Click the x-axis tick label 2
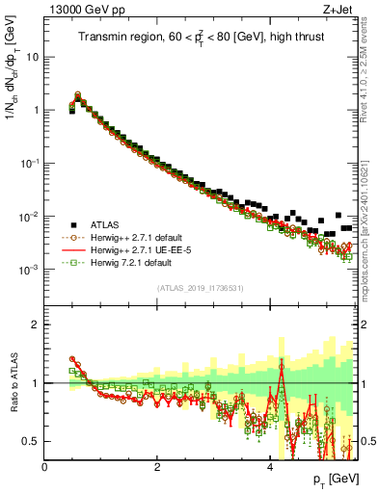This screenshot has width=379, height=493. [156, 467]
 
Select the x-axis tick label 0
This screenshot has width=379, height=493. [44, 467]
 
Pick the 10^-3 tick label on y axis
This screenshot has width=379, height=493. [29, 270]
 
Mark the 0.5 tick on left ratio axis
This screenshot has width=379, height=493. [31, 441]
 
